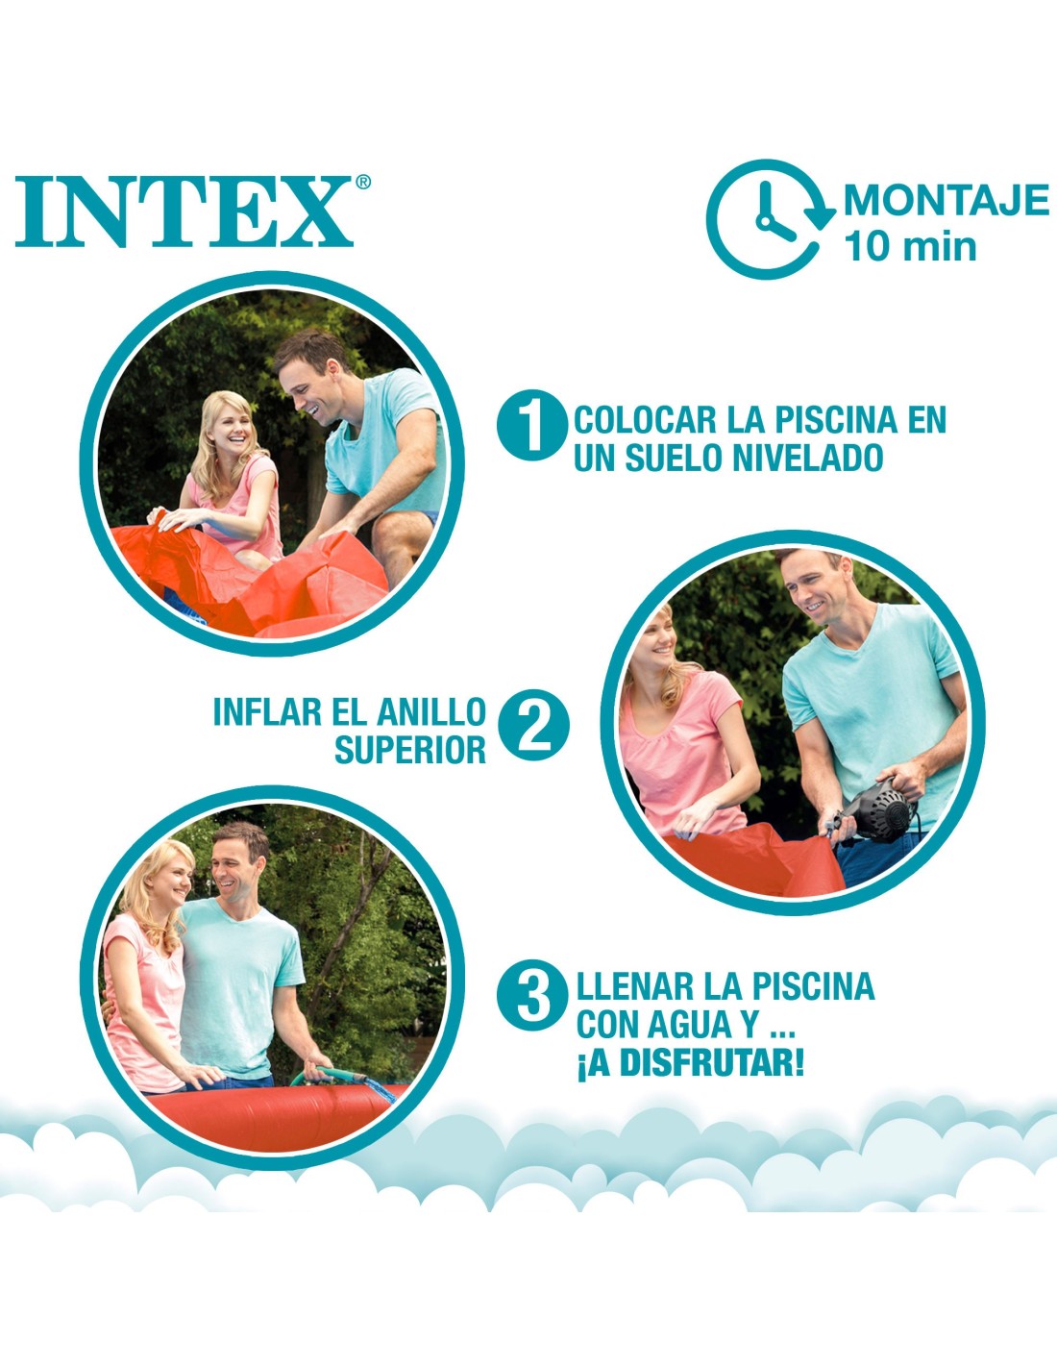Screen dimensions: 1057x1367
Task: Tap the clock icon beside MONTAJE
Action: coord(771,218)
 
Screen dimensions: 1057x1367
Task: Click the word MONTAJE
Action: coord(946,200)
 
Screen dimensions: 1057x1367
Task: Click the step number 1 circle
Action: coord(532,425)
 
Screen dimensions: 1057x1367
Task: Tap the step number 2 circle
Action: coord(534,726)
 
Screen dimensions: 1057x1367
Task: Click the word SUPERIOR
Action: coord(410,749)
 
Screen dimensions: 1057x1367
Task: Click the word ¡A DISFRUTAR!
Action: coord(690,1062)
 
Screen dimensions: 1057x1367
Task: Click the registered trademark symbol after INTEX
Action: coord(363,182)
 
